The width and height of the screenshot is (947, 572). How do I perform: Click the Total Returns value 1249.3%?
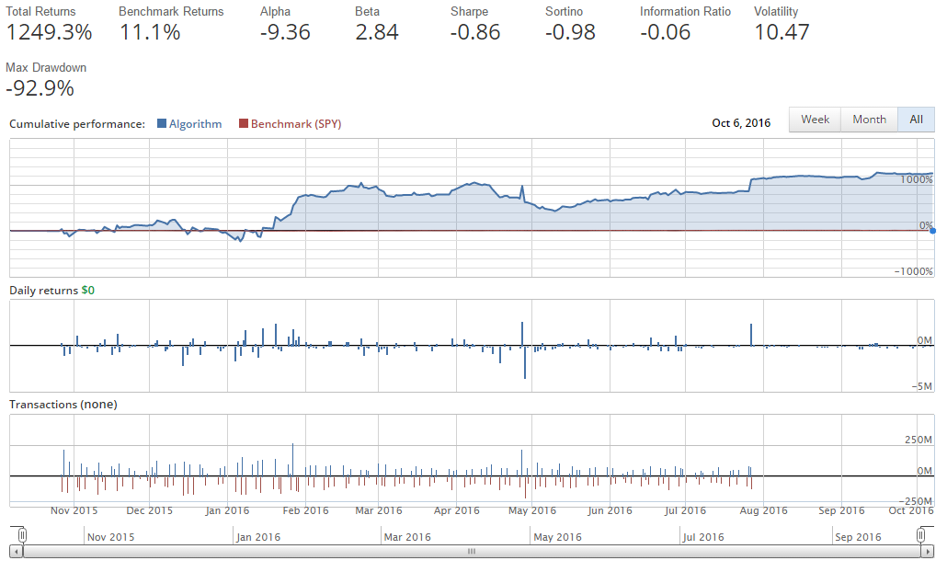pos(49,32)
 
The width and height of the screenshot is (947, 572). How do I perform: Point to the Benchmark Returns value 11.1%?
pos(150,32)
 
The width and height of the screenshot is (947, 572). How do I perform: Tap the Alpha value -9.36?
pos(285,32)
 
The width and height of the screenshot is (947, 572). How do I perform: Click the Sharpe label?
pos(469,12)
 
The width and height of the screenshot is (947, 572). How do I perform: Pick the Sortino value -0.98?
pos(570,32)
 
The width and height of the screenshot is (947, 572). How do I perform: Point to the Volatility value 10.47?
pos(782,32)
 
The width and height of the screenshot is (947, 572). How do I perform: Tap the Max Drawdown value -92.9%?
pos(40,89)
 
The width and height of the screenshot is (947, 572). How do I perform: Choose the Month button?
pos(869,120)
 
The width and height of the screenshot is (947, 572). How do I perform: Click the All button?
pos(916,120)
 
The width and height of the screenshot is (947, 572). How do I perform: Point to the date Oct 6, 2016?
pos(741,122)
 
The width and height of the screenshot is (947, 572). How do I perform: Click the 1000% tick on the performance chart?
pos(917,180)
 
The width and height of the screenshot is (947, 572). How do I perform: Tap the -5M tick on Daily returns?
pos(922,386)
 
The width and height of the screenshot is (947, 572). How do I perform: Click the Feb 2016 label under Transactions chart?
pos(304,510)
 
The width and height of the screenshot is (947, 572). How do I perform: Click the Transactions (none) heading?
pos(63,404)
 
